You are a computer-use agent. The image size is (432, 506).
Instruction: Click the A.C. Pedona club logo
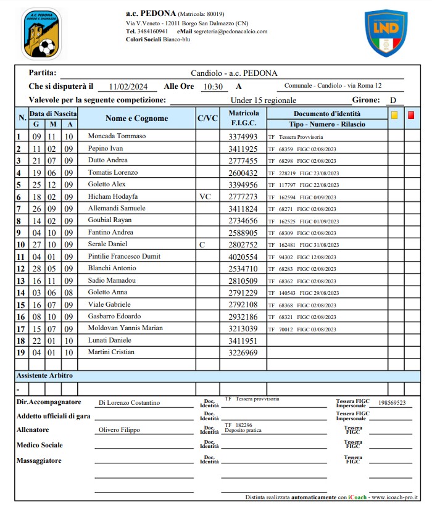coord(41,33)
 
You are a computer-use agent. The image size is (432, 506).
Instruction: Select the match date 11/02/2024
coord(127,86)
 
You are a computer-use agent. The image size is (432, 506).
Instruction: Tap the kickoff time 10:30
coord(213,86)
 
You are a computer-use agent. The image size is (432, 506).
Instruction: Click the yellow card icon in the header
coord(394,115)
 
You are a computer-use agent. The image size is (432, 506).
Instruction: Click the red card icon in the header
coord(411,115)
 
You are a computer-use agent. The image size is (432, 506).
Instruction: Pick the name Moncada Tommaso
coord(117,136)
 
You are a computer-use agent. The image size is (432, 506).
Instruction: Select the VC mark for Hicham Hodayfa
coord(206,196)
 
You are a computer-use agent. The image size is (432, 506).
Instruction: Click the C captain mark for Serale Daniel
coord(202,244)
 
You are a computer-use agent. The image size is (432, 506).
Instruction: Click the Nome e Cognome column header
coord(136,118)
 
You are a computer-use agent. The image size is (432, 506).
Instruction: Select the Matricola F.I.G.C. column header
coord(244,118)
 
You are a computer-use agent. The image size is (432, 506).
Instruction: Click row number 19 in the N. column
coord(19,352)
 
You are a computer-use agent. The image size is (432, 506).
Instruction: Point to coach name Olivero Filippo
coord(119,430)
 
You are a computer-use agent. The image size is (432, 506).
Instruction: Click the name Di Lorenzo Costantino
coord(129,403)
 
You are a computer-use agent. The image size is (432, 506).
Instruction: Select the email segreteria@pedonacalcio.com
coord(230,31)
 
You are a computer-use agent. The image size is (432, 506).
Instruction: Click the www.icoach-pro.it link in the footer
coord(396,497)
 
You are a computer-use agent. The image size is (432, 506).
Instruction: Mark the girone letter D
coord(393,100)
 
